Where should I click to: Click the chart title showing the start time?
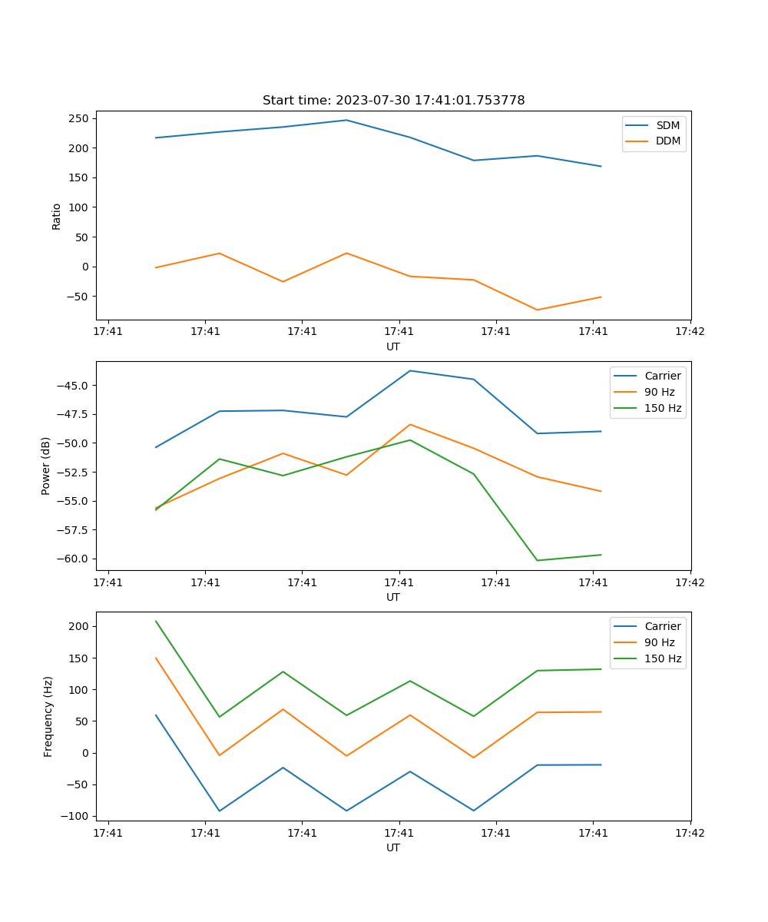click(393, 101)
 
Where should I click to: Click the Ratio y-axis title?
click(57, 216)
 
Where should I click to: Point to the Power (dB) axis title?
click(46, 466)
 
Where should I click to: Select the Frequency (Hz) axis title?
click(48, 716)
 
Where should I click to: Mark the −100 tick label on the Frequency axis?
click(74, 816)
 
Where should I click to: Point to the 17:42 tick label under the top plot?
click(689, 332)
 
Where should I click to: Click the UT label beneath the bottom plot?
click(393, 847)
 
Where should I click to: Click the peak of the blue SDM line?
click(346, 120)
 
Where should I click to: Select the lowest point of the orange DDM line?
click(537, 310)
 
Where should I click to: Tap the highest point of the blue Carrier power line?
click(410, 371)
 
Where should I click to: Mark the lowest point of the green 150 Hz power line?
click(537, 560)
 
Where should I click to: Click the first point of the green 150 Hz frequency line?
click(156, 621)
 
